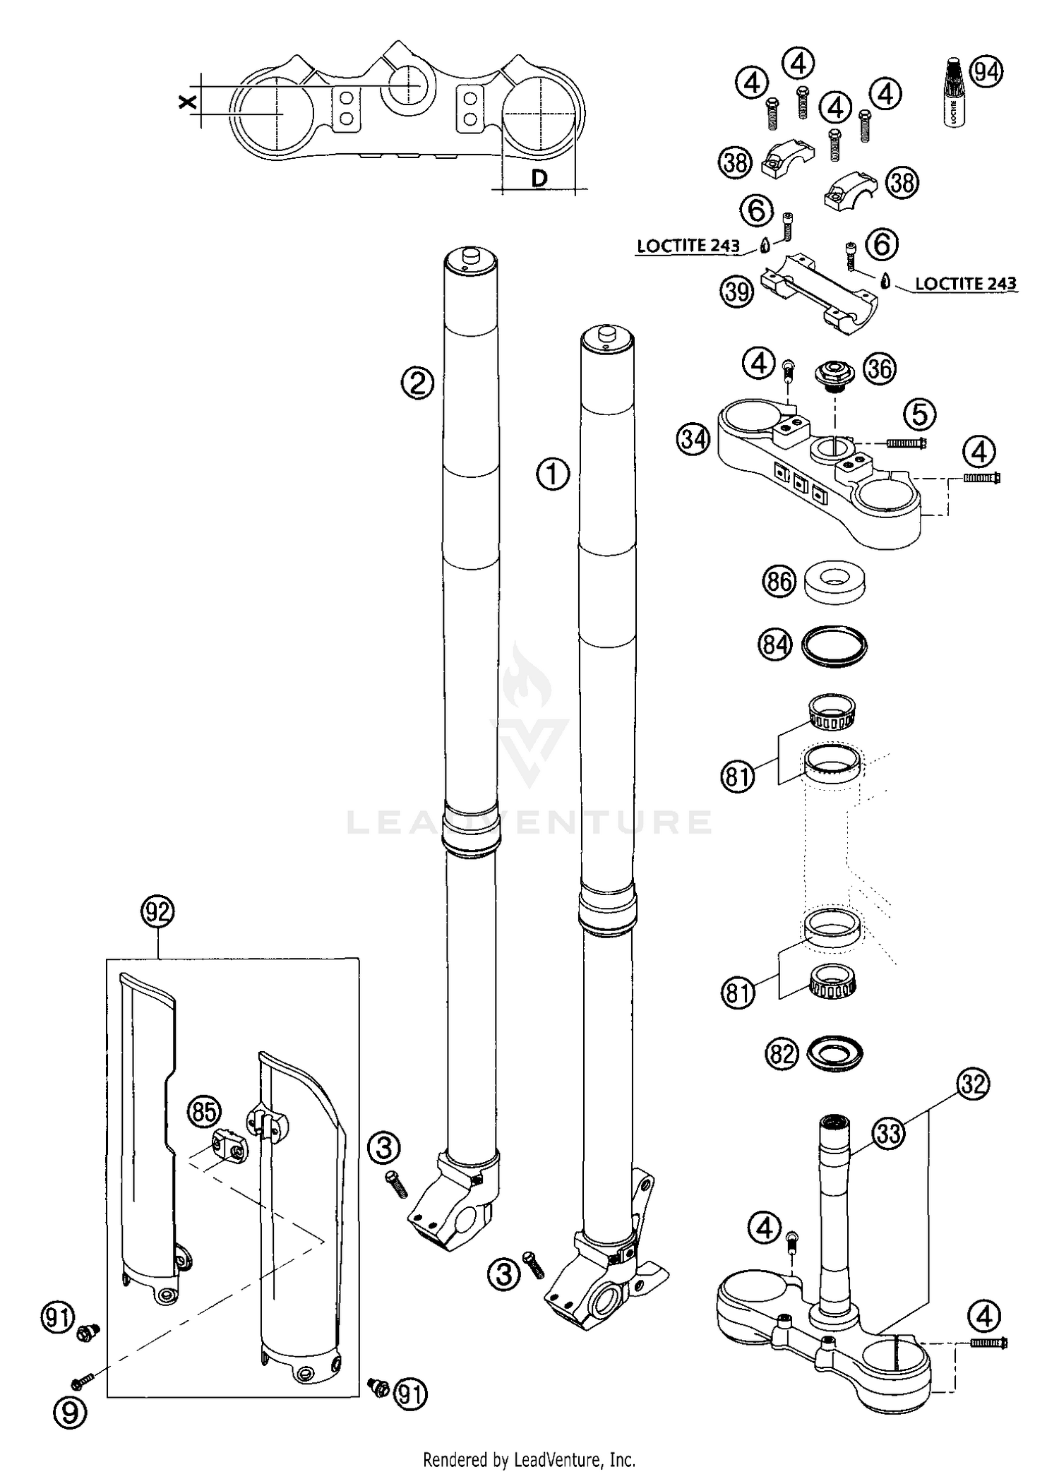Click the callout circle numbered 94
click(x=987, y=71)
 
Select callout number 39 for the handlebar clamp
click(x=736, y=291)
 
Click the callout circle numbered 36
click(x=880, y=368)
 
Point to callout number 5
click(x=920, y=414)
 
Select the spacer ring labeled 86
click(x=835, y=583)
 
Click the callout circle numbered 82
click(x=780, y=1054)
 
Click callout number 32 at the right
click(x=974, y=1084)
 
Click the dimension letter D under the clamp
click(x=539, y=179)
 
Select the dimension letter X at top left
click(x=186, y=103)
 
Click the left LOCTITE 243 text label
click(x=688, y=246)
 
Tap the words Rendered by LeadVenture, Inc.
click(x=529, y=1458)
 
